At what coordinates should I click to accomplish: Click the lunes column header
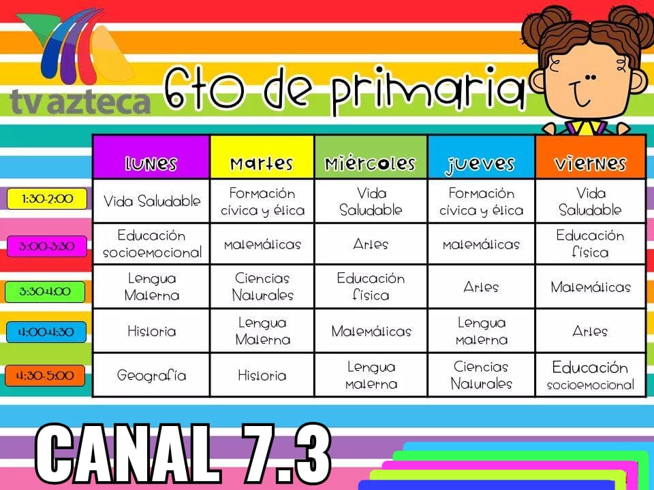click(x=151, y=157)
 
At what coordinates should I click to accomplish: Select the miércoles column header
click(x=371, y=157)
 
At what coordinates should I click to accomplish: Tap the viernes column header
click(x=590, y=157)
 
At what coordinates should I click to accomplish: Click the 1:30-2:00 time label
click(x=47, y=199)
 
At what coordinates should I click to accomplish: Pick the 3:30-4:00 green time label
click(x=45, y=291)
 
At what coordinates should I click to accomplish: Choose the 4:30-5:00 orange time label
click(x=45, y=376)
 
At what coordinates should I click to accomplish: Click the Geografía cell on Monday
click(x=151, y=375)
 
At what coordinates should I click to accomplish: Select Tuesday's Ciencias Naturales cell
click(x=262, y=287)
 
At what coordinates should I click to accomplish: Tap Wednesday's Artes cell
click(x=371, y=244)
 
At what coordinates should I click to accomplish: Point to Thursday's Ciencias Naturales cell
click(x=482, y=375)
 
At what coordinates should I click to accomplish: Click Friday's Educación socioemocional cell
click(x=590, y=375)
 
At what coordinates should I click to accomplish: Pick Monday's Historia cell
click(x=151, y=331)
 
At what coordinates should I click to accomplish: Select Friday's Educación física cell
click(x=590, y=244)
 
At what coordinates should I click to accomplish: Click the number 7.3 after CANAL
click(x=286, y=453)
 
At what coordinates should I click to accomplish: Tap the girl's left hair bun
click(x=546, y=21)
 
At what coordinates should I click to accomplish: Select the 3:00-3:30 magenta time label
click(x=47, y=246)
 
